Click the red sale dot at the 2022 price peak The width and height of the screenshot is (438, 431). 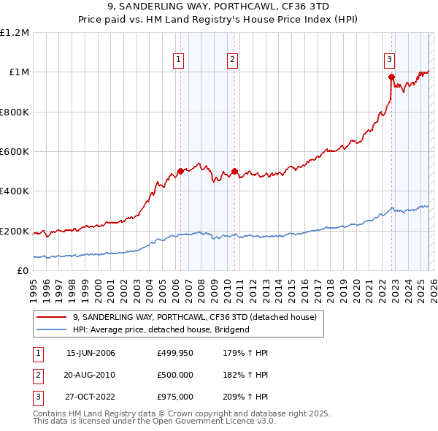(392, 77)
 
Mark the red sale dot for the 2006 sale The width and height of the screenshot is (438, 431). (181, 171)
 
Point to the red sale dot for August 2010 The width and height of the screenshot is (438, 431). (234, 171)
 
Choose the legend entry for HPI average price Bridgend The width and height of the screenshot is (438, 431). (161, 330)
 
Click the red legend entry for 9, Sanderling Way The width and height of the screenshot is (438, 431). (194, 317)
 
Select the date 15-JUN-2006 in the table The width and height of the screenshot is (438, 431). (91, 353)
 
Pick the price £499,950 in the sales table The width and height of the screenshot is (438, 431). (174, 353)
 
